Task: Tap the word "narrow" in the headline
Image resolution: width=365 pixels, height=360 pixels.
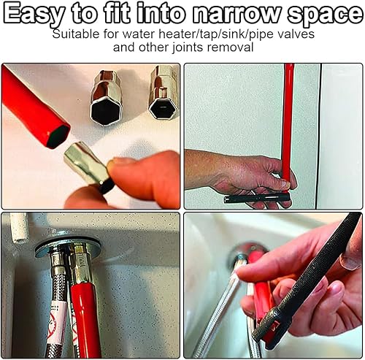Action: [235, 13]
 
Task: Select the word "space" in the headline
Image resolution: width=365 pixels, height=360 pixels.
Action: [324, 15]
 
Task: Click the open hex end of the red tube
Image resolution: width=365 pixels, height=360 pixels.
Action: [58, 137]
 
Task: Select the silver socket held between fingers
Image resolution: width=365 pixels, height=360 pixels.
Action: [86, 164]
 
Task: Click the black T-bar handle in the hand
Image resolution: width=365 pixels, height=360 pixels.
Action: [257, 198]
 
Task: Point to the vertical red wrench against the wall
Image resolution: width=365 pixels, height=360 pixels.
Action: [288, 121]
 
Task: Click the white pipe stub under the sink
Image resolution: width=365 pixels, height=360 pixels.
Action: [19, 228]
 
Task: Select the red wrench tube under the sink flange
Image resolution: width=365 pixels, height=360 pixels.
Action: [85, 317]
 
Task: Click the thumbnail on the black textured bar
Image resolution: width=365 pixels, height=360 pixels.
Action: [350, 261]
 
